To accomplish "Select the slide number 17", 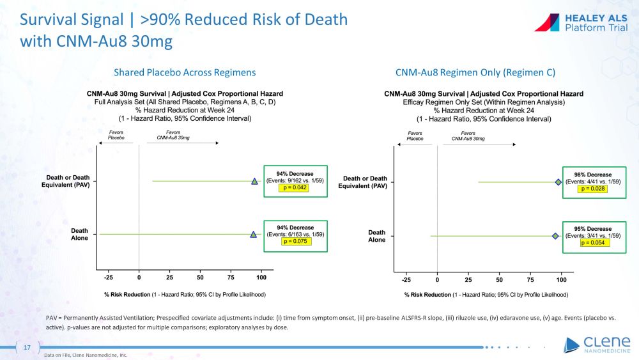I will (27, 347).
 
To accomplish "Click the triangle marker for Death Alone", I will (254, 235).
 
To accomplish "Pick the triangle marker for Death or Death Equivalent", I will (254, 182).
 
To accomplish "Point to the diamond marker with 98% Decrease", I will (558, 182).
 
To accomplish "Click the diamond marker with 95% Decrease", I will (555, 236).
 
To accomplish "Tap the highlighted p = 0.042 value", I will (295, 188).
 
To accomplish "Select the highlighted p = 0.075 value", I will (295, 241).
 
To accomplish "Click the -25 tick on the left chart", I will (109, 279).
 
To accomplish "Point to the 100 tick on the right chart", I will (562, 279).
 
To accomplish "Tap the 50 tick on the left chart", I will (200, 279).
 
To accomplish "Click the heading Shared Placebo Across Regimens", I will (185, 72).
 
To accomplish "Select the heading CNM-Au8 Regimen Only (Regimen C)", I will (475, 72).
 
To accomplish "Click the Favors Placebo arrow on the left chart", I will (115, 143).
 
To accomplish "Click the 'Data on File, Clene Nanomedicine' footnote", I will (86, 355).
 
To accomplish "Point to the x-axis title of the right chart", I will (486, 295).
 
